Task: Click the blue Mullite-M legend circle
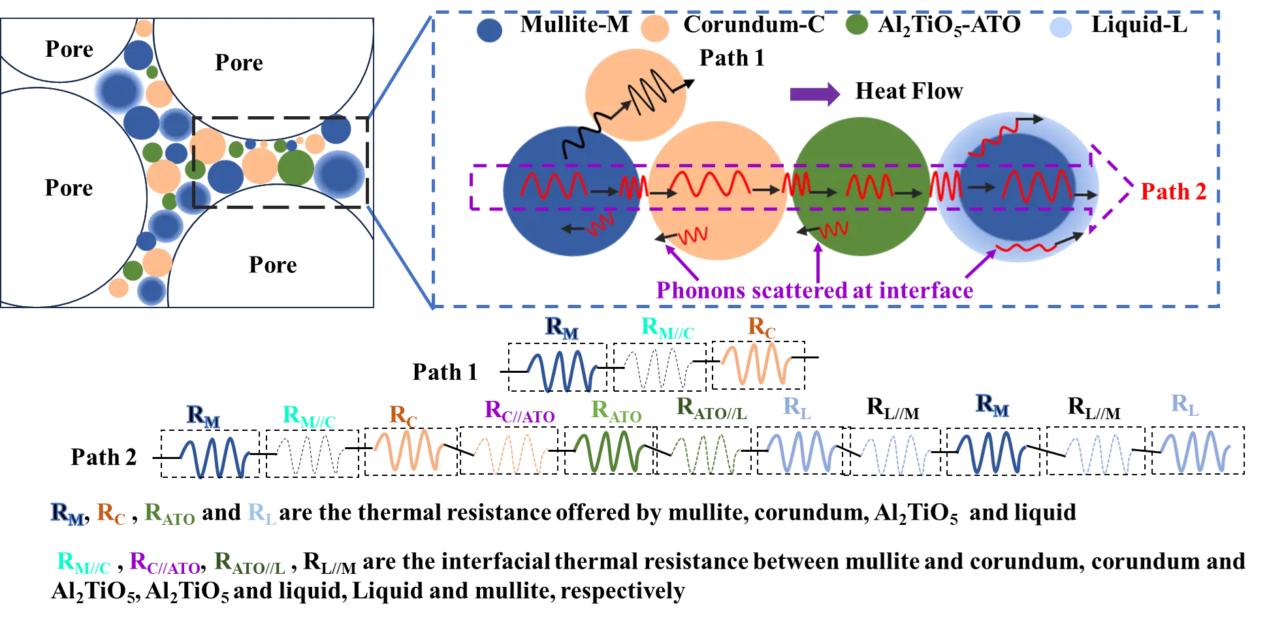coord(489,30)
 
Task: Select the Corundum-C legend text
coord(754,24)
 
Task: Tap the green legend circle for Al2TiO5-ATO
coord(856,25)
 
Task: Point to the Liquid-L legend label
coord(1139,24)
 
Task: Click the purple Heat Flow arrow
coord(815,94)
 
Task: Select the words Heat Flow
coord(909,91)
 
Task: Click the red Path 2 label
coord(1173,191)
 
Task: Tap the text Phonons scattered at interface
coord(814,290)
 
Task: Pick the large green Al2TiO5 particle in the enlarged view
coord(861,187)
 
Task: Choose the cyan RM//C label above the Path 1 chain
coord(667,328)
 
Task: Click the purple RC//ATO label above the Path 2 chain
coord(519,411)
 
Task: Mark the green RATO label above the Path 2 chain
coord(616,411)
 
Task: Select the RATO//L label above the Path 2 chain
coord(711,409)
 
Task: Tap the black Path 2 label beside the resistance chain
coord(104,457)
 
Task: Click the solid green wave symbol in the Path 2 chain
coord(609,450)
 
